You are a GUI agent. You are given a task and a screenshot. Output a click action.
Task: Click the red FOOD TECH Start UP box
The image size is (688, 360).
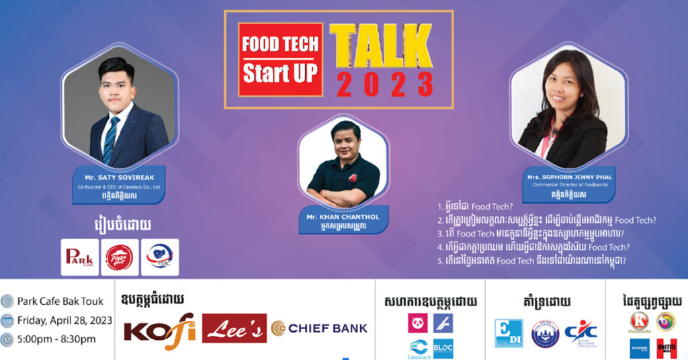(x=280, y=59)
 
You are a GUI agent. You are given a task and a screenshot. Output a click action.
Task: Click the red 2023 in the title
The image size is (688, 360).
(x=385, y=85)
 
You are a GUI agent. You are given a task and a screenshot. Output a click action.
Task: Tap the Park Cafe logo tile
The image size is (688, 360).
(x=79, y=257)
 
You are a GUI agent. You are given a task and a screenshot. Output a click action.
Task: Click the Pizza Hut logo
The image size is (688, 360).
(x=120, y=257)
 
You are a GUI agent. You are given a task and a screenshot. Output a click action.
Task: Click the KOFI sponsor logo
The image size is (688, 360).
(x=159, y=329)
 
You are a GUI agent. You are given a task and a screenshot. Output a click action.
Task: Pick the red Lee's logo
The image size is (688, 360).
(x=234, y=328)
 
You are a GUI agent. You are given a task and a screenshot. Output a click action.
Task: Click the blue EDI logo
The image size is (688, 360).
(x=508, y=333)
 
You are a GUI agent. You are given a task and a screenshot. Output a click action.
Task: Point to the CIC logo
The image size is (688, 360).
(x=580, y=333)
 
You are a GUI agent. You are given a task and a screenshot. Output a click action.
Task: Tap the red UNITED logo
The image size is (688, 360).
(x=666, y=348)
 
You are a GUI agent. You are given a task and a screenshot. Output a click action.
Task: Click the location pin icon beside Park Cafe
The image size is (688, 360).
(x=7, y=301)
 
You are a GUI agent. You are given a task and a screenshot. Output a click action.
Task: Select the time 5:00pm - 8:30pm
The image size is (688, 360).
(x=57, y=339)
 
